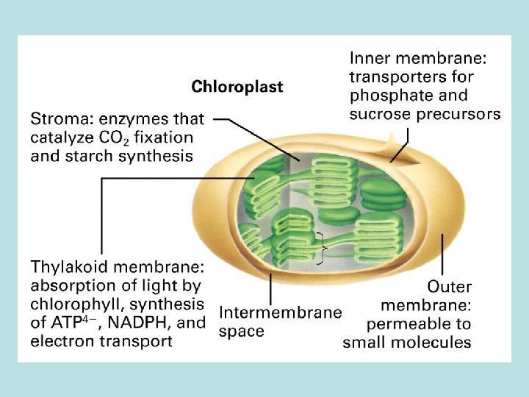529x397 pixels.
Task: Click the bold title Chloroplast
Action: pyautogui.click(x=237, y=87)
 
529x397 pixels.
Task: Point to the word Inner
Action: pyautogui.click(x=373, y=57)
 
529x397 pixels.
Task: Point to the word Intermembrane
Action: pyautogui.click(x=281, y=312)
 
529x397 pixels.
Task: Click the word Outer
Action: pyautogui.click(x=450, y=286)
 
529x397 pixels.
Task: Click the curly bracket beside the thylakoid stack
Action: pyautogui.click(x=320, y=247)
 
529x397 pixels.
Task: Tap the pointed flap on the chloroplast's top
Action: pyautogui.click(x=399, y=140)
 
